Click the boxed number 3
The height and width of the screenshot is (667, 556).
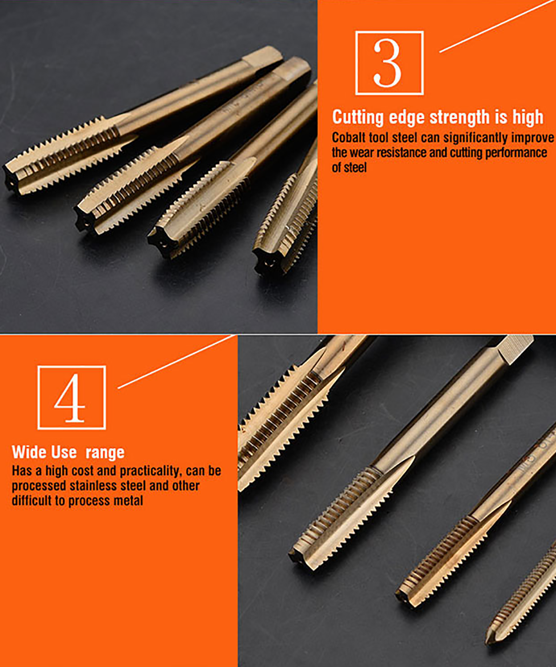(389, 63)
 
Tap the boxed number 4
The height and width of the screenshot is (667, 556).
(71, 397)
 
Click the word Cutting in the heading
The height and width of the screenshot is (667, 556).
(358, 117)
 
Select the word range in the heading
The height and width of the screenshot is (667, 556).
(105, 452)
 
